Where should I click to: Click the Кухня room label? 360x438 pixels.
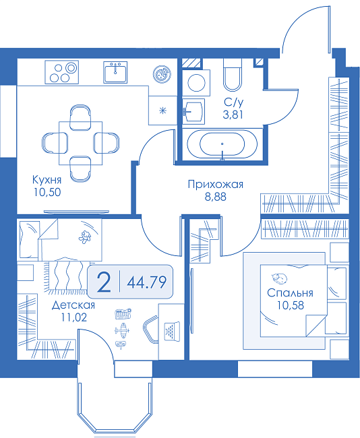47,180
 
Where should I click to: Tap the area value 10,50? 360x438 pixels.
47,192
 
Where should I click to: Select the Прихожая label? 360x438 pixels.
216,185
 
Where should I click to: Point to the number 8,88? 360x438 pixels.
216,197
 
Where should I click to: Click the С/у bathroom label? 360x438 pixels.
233,102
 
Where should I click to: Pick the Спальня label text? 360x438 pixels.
290,292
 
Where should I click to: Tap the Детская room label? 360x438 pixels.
73,305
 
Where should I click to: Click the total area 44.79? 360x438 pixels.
147,282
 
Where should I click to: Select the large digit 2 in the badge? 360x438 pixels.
104,282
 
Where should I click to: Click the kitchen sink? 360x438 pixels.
115,72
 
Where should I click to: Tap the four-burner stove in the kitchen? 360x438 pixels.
62,72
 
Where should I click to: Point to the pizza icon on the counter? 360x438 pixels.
161,74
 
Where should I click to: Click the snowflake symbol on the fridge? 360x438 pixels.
162,111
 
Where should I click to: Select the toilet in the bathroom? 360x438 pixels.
233,75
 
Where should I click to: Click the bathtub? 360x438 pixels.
222,144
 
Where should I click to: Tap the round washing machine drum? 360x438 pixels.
196,83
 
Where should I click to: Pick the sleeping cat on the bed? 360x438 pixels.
279,278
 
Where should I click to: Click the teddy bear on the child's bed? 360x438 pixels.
85,237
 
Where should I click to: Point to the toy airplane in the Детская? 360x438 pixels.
123,330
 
